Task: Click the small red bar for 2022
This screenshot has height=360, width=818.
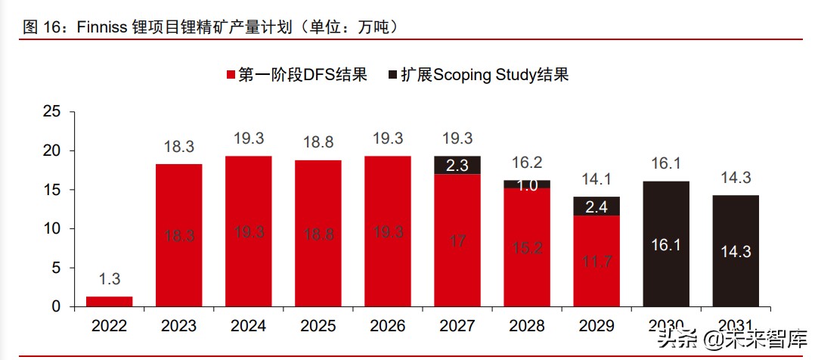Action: pos(110,301)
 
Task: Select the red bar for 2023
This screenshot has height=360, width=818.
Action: pos(179,235)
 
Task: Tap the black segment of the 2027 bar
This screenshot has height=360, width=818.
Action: pos(457,165)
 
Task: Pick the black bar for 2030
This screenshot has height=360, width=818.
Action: pos(665,244)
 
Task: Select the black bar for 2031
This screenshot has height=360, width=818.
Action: pos(735,250)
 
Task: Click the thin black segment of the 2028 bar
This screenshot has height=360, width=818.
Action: pos(527,184)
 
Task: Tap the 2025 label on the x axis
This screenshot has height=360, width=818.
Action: pos(318,326)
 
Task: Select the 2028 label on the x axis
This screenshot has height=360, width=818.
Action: pos(527,326)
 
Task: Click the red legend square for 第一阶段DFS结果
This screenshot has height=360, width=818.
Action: pos(231,75)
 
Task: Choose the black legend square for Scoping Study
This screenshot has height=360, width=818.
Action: pos(392,75)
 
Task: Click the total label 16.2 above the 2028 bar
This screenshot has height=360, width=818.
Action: pos(527,163)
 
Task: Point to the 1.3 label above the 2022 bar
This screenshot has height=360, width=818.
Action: pos(110,279)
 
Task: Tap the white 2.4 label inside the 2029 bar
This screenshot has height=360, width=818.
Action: pos(596,206)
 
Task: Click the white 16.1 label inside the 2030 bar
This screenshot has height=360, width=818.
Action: pos(665,245)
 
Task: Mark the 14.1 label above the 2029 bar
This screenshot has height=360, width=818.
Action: pos(596,180)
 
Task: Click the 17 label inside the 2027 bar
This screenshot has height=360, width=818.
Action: pos(457,242)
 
